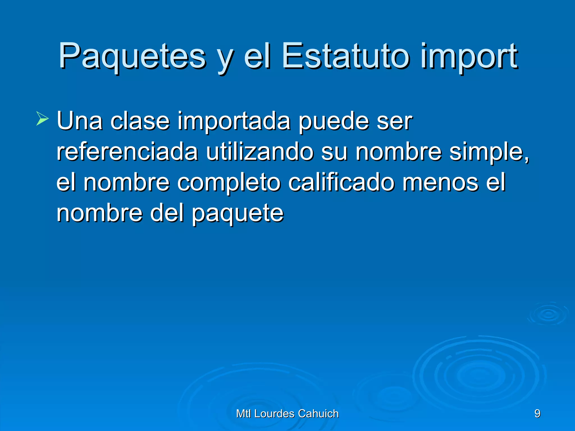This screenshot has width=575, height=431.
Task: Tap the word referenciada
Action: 127,152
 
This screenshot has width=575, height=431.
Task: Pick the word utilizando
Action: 260,152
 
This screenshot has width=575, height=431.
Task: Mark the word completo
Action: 229,183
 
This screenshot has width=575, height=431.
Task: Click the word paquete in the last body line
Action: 238,213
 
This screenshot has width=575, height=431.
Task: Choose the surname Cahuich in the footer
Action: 318,414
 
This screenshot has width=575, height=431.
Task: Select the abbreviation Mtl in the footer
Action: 244,414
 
